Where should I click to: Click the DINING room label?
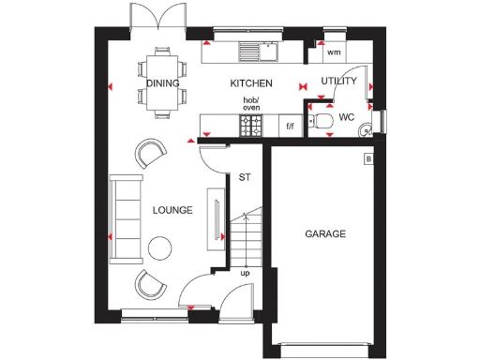pos(163,82)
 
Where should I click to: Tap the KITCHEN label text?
pos(250,82)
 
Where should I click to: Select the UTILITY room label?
pos(338,82)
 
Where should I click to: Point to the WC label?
pos(346,118)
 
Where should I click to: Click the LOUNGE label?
pos(172,210)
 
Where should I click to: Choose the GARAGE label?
pos(324,233)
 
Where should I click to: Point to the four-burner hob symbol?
pos(251,125)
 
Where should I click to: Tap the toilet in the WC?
pos(322,120)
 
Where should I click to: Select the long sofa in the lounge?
pos(122,217)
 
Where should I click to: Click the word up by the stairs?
pos(246,273)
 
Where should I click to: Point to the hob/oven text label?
pos(251,103)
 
